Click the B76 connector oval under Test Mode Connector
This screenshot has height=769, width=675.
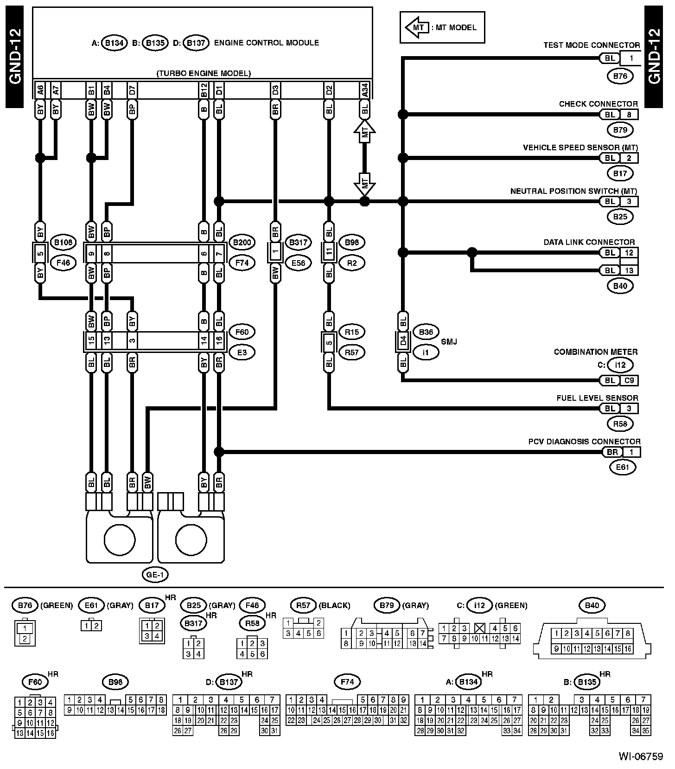coord(620,76)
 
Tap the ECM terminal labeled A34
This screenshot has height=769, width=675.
coord(365,90)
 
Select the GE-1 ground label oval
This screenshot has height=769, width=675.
coord(155,575)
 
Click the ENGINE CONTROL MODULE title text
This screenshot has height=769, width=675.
coord(267,43)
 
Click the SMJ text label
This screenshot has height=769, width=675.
coord(449,342)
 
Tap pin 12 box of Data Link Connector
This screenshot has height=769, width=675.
coord(629,253)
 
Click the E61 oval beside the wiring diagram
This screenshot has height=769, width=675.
coord(623,467)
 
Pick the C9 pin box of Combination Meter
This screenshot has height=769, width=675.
coord(629,380)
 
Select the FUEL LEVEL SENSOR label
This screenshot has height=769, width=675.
coord(598,398)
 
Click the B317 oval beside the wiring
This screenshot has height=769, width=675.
coord(299,242)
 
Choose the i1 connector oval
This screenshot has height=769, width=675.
coord(426,352)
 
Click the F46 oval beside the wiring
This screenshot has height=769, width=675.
coord(63,263)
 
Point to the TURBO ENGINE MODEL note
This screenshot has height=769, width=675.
coord(204,73)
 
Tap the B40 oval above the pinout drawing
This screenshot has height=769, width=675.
coord(592,605)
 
